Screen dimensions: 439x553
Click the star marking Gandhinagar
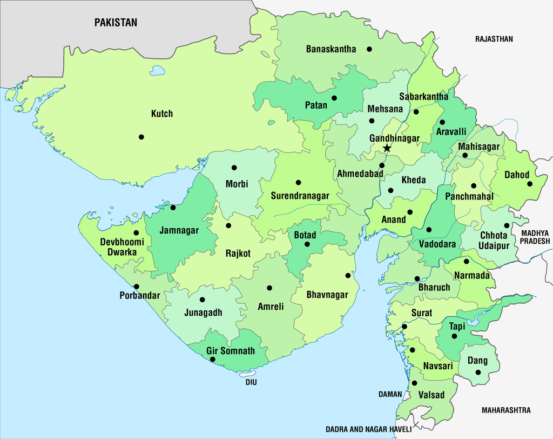pos(387,148)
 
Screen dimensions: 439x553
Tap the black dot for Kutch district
pos(141,137)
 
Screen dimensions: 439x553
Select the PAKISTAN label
pos(116,23)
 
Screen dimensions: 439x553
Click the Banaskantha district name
pos(331,49)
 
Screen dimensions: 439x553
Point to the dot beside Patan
pos(334,98)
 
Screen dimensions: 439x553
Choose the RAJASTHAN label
pos(494,39)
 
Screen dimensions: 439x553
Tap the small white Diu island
pos(248,374)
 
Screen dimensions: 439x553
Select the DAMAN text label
pos(390,394)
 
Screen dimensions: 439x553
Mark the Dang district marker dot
pos(478,372)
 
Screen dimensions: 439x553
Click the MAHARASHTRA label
pos(505,410)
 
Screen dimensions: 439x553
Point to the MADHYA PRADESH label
pos(535,237)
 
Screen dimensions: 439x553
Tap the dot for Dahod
pos(530,184)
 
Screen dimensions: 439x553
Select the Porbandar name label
pos(140,296)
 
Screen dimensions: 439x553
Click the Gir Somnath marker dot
pos(212,359)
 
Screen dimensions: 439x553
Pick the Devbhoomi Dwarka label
pos(122,247)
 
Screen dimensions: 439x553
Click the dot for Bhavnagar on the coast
pos(348,275)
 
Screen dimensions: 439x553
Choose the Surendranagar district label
pos(300,196)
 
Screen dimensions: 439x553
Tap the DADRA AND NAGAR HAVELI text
pos(368,429)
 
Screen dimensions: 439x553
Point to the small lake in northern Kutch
pos(157,70)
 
